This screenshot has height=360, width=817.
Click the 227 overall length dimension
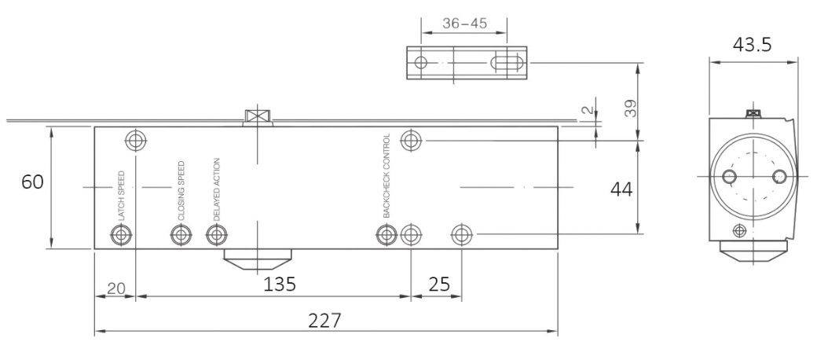(324, 321)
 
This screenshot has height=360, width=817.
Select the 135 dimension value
(280, 285)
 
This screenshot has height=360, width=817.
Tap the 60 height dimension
(32, 182)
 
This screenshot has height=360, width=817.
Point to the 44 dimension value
(621, 189)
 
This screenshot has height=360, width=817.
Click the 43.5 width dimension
(752, 45)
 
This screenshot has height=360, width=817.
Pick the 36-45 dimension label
(464, 24)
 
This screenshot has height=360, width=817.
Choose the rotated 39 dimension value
(631, 108)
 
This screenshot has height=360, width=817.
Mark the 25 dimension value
(438, 285)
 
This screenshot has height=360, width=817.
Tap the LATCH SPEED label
(122, 196)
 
